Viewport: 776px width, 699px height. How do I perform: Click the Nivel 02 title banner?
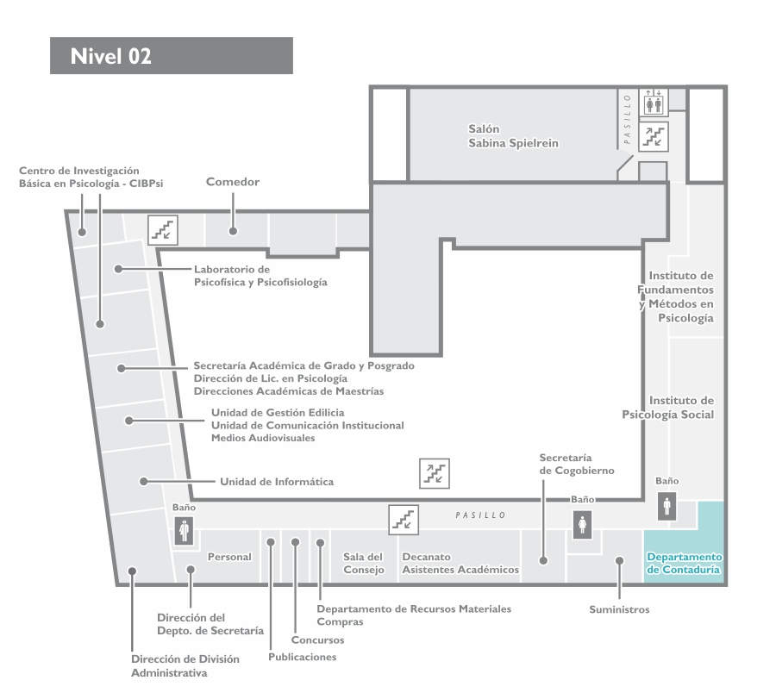(x=172, y=55)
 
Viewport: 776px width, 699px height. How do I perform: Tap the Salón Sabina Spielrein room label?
(x=513, y=136)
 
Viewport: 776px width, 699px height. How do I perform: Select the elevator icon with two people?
(x=654, y=103)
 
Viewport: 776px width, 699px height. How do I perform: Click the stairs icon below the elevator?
(x=654, y=137)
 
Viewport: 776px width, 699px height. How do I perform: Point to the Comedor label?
(x=233, y=182)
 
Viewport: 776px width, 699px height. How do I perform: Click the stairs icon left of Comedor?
(x=163, y=230)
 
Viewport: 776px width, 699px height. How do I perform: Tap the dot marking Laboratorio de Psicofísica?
(x=118, y=269)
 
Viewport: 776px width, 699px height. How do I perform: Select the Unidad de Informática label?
(x=277, y=481)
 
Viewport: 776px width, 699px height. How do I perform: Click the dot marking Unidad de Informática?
(x=143, y=481)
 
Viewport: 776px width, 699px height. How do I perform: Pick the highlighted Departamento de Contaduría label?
(x=684, y=563)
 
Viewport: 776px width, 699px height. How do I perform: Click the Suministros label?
(x=619, y=609)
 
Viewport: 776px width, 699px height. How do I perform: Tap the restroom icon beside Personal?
(x=185, y=530)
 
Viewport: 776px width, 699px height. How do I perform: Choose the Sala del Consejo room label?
(x=363, y=563)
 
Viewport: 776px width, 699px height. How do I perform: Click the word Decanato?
(x=426, y=557)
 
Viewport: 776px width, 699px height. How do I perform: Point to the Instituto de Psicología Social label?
(x=668, y=407)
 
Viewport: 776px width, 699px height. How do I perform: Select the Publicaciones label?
(x=303, y=657)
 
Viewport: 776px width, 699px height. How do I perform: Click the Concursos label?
(x=317, y=640)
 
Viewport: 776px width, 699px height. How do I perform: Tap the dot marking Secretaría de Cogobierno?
(x=543, y=560)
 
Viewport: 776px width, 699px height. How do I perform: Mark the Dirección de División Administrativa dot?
(x=132, y=571)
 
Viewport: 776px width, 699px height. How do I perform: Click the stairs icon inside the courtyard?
(x=435, y=473)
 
